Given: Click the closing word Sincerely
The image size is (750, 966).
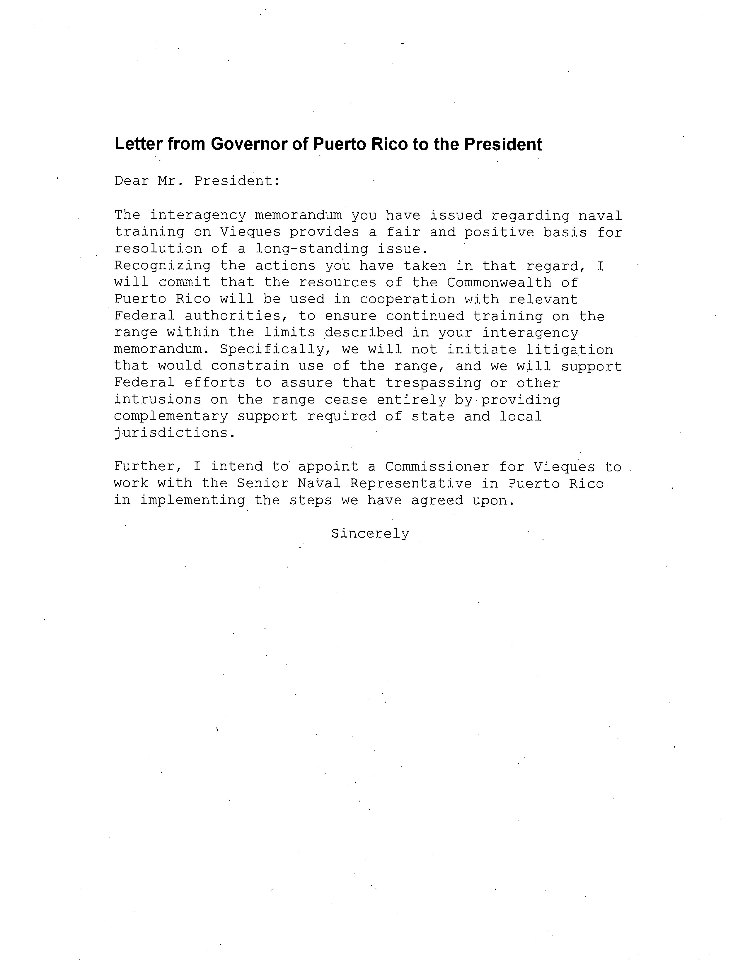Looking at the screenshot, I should point(370,534).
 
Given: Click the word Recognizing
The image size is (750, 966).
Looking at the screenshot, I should point(162,266).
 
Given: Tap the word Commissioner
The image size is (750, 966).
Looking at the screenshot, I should point(437,467).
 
